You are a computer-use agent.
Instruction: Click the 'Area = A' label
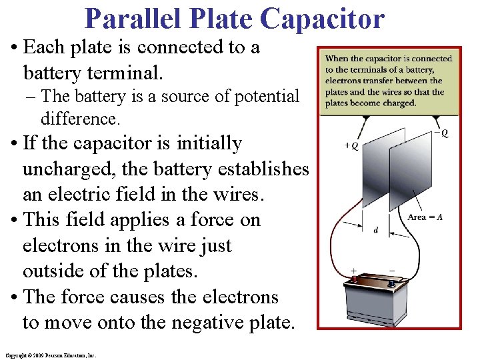(x=425, y=217)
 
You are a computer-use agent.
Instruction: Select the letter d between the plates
(x=376, y=231)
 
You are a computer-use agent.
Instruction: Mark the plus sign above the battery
(x=353, y=271)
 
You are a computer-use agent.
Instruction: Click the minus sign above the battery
(x=391, y=271)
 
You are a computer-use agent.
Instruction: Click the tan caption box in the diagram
(x=389, y=81)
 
